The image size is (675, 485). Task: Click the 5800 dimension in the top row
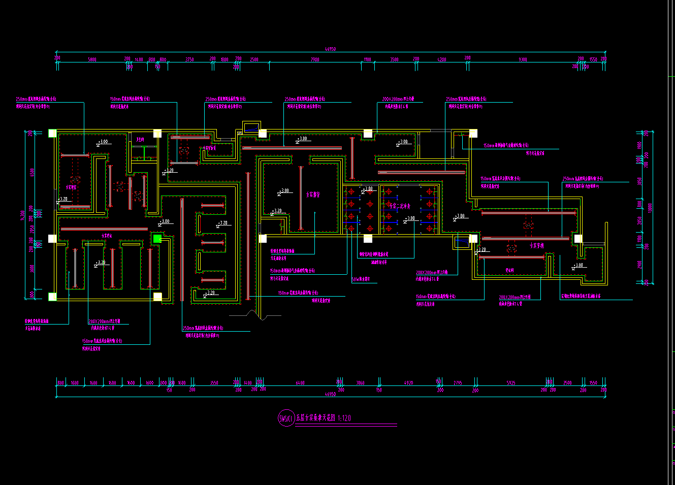point(92,60)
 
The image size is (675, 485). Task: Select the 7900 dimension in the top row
point(315,60)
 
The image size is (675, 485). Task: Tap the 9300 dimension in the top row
point(523,60)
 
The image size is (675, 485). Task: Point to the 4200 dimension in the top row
point(442,60)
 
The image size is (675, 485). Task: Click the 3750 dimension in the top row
point(189,60)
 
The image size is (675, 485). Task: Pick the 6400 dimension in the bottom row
point(300,383)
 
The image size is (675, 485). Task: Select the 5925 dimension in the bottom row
point(511,383)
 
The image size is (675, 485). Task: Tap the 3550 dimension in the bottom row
point(214,383)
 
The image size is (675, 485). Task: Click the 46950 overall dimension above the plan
point(330,49)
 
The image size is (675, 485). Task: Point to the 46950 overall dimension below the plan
point(330,394)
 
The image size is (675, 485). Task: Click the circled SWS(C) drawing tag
point(286,418)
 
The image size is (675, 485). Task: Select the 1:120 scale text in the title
point(344,418)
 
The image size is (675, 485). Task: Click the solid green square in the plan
point(157,238)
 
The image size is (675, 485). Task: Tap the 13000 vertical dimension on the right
point(650,207)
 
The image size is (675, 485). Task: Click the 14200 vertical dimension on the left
point(22,215)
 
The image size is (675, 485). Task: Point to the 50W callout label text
point(361,279)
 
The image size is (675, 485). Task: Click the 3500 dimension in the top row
point(394,60)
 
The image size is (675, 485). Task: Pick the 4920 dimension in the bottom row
point(408,383)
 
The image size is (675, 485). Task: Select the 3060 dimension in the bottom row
point(360,383)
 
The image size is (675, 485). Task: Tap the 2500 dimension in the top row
point(254,60)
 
